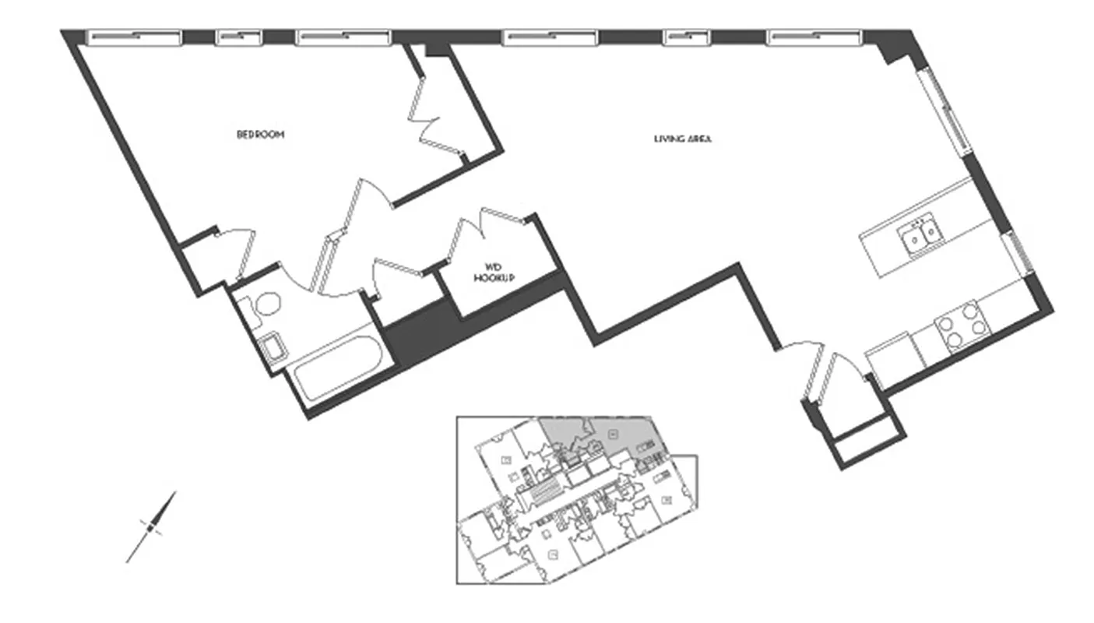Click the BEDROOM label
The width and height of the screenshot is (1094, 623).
click(260, 135)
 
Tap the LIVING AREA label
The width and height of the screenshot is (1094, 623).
click(683, 140)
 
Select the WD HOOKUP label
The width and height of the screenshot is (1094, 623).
click(493, 273)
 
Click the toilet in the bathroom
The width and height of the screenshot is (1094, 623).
click(265, 304)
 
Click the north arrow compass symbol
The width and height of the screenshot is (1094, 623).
click(152, 526)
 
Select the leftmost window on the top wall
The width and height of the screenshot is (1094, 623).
click(133, 37)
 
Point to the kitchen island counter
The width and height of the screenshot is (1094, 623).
click(927, 242)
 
